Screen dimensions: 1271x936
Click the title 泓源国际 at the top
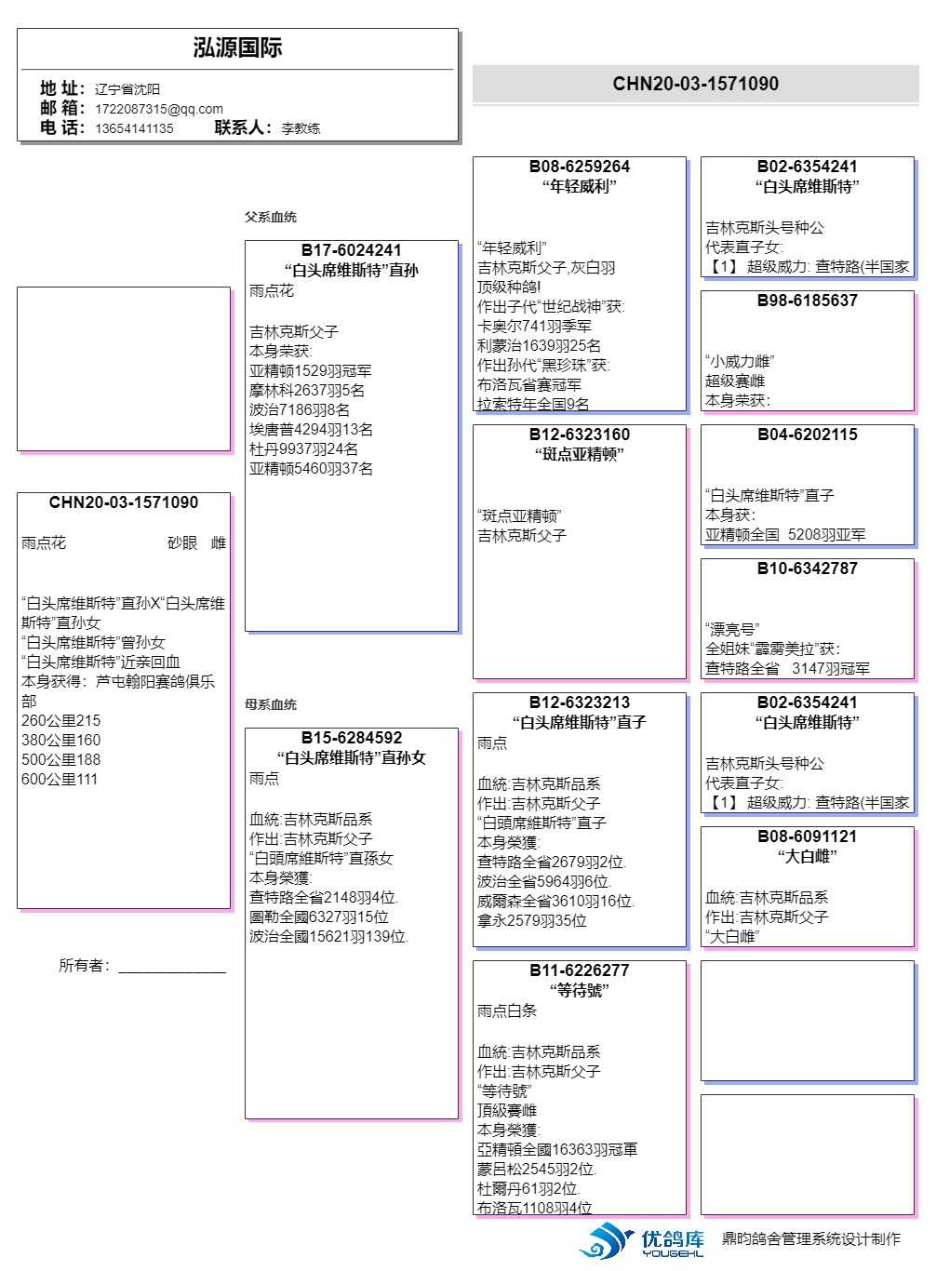click(237, 48)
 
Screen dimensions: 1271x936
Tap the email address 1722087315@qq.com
click(159, 109)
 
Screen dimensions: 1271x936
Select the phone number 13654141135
click(134, 128)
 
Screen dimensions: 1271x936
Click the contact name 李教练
click(301, 128)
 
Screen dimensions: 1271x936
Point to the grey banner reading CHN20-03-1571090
click(695, 84)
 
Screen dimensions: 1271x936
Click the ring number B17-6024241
click(351, 250)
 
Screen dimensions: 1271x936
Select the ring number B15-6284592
click(351, 738)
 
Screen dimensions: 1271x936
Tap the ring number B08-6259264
click(579, 167)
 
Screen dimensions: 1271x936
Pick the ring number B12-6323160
click(579, 435)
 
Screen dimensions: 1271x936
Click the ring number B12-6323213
click(579, 702)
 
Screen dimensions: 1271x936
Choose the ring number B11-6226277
click(579, 970)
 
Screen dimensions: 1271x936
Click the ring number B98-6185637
click(807, 301)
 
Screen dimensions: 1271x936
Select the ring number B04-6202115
click(807, 435)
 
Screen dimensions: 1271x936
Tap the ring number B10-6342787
click(807, 569)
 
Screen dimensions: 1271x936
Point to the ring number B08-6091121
click(807, 836)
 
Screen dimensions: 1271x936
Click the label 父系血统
click(271, 217)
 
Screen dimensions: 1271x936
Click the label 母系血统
click(271, 704)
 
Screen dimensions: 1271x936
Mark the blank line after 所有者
click(172, 968)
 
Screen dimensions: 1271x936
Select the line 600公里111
click(60, 780)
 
